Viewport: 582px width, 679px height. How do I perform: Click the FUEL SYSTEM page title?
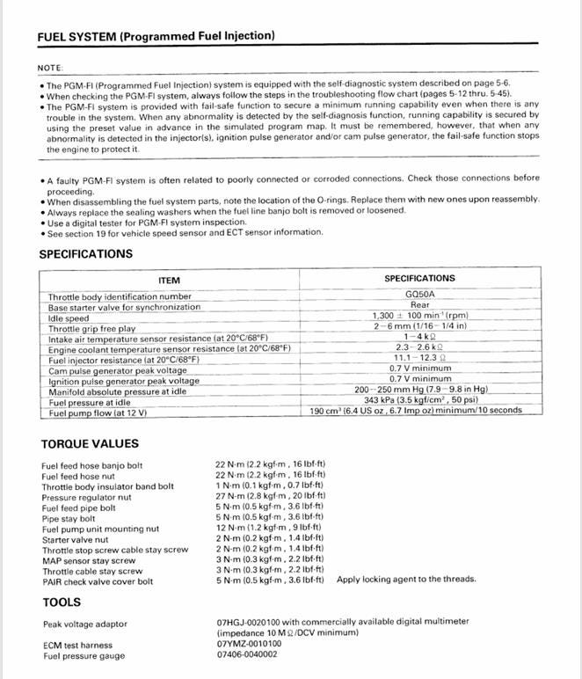point(156,36)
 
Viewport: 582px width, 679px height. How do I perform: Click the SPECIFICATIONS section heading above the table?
point(85,254)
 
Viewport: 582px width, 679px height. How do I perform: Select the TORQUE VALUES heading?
point(90,443)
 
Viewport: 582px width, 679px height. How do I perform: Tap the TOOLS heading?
point(62,602)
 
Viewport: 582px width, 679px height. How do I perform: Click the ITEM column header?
point(169,281)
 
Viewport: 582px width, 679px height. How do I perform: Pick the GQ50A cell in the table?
point(419,296)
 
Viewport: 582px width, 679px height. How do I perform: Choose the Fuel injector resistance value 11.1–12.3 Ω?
point(419,357)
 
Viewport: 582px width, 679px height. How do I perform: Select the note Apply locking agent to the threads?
point(406,580)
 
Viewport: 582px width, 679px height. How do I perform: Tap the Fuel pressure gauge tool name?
point(84,655)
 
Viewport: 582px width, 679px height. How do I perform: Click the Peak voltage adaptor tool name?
point(84,624)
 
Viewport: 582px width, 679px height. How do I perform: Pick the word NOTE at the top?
point(50,68)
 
